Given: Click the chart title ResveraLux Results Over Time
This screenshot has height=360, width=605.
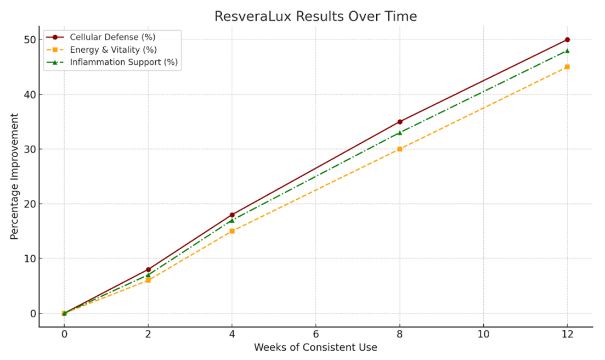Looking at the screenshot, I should [x=315, y=16].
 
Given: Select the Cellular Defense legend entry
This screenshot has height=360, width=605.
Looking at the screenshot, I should [x=112, y=37].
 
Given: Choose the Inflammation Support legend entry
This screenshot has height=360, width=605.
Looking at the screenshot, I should [x=123, y=62].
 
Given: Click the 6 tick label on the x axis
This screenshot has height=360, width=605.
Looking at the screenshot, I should [x=316, y=334].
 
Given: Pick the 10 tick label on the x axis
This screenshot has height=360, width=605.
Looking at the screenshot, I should [x=483, y=334].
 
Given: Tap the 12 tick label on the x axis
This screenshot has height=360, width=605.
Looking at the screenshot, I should [x=567, y=334].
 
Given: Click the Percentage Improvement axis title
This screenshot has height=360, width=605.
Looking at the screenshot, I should [x=14, y=176].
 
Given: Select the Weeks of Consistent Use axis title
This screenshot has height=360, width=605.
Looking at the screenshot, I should [x=315, y=347].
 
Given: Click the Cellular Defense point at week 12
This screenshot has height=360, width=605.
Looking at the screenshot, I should [x=567, y=40].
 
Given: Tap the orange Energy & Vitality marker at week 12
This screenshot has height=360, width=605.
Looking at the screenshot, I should [x=567, y=67].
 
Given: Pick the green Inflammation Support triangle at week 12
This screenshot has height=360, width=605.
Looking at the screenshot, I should [x=567, y=50].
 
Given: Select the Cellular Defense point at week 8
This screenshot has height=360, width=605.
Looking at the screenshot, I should [x=400, y=122].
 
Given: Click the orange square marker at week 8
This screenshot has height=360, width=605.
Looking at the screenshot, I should [x=400, y=149].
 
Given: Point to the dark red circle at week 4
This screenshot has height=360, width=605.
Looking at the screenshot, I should [x=232, y=215].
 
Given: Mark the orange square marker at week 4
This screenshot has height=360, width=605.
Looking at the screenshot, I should [x=232, y=231].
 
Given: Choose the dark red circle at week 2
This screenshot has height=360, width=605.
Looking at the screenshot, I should [x=148, y=269].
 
